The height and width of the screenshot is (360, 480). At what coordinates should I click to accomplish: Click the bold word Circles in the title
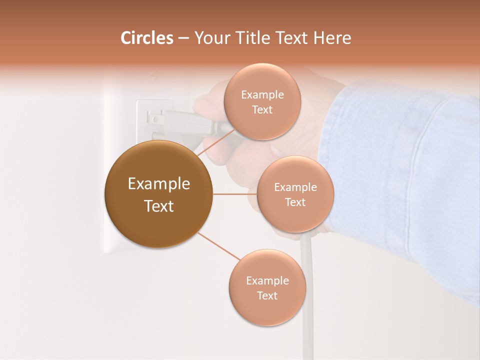pos(146,38)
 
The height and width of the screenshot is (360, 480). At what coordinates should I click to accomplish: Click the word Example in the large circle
pos(158,184)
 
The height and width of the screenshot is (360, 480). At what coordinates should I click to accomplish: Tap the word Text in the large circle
pos(158,206)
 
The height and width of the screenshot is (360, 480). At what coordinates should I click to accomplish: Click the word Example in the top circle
pos(262,94)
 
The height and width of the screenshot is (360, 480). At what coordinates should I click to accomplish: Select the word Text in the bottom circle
pos(267,295)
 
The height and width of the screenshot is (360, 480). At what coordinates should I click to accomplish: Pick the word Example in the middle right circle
pos(295,187)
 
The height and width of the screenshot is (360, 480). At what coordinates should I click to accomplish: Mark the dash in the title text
pos(183,38)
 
